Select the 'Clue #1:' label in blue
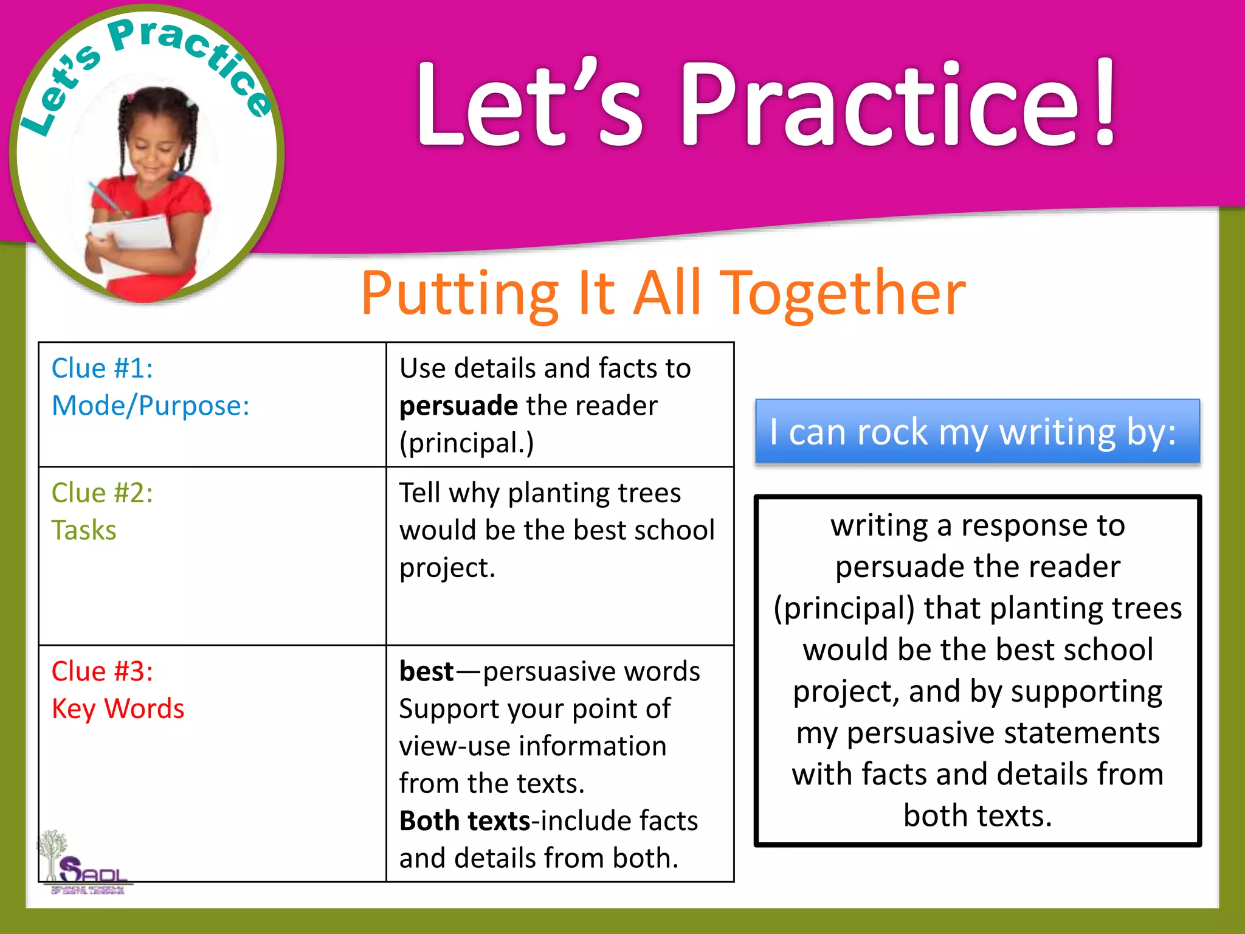102,368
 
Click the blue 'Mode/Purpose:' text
150,406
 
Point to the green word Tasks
83,530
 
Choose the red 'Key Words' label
117,709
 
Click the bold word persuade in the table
458,406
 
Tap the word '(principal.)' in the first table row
466,443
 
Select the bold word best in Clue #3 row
426,671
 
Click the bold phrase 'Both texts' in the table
465,821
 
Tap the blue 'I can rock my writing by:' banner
977,432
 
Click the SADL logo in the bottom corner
85,867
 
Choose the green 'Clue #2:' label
102,493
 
